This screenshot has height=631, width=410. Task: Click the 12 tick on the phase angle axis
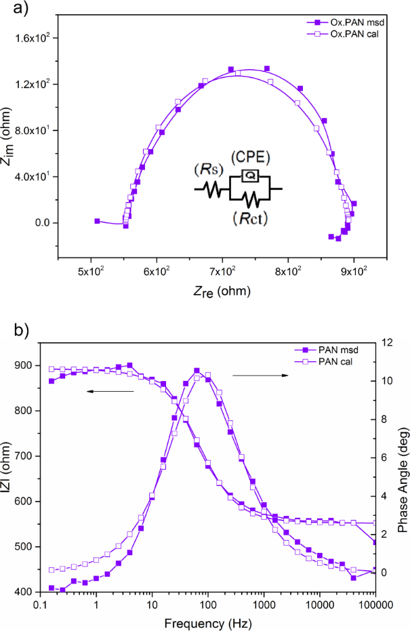(x=388, y=343)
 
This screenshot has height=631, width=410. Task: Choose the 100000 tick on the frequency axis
(x=374, y=603)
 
